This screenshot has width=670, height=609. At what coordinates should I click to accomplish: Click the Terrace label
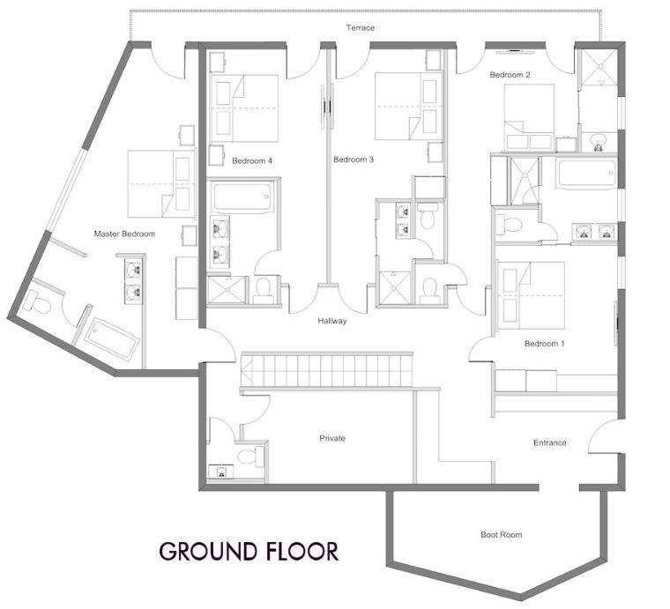361,27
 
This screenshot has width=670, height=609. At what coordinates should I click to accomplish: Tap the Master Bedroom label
124,234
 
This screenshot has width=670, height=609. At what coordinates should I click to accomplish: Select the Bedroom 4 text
251,161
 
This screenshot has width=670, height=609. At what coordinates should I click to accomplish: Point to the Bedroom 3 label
354,160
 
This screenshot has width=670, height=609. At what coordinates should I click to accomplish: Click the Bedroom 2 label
510,75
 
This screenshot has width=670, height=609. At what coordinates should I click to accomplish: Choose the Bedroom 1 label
545,344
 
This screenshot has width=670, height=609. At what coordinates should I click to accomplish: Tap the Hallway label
332,321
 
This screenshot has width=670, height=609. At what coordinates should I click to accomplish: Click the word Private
332,438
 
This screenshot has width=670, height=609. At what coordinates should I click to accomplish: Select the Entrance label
549,443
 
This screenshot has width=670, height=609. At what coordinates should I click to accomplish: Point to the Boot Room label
502,535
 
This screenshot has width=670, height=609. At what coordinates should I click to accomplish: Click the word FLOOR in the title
302,551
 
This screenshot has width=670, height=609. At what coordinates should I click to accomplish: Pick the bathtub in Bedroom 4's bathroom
242,197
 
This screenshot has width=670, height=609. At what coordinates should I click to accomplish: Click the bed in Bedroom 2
529,116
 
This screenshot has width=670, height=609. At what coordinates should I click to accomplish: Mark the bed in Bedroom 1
532,295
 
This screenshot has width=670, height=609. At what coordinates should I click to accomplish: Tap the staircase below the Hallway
326,370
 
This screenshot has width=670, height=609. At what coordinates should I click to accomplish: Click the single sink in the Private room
221,472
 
